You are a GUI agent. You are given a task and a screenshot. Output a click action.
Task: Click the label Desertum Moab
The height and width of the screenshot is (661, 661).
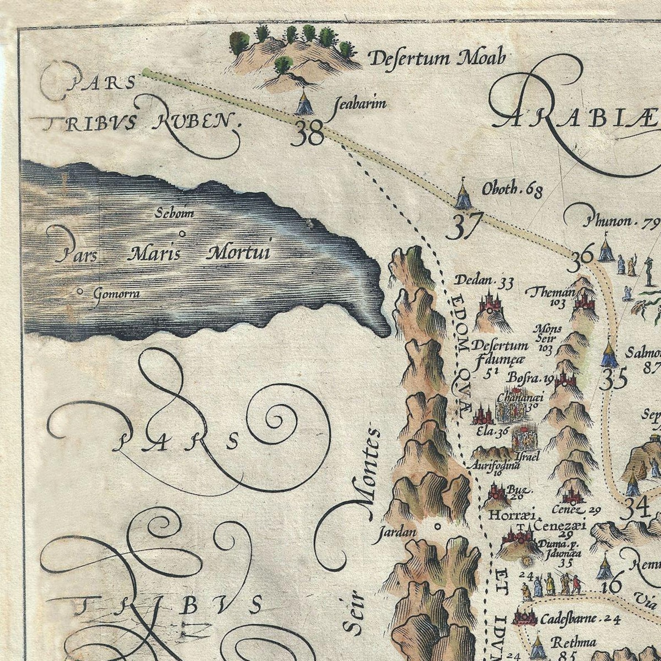437,58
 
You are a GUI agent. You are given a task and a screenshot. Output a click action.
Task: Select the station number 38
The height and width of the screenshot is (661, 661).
308,134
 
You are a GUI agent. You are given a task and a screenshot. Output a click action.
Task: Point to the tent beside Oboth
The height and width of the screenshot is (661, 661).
462,196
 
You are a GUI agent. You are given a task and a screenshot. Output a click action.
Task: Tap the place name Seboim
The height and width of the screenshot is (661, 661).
174,214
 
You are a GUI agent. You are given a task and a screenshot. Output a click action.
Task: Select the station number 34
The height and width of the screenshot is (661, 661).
637,507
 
